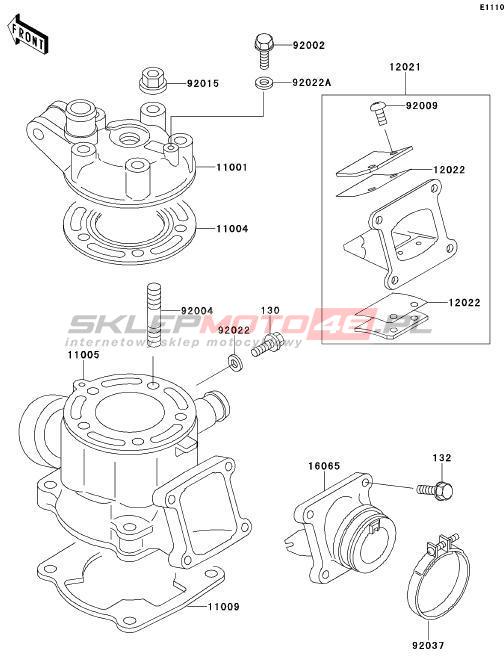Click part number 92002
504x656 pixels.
tap(309, 45)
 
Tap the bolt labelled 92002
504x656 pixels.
tap(264, 51)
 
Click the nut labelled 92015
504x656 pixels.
tap(152, 82)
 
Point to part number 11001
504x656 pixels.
tap(232, 167)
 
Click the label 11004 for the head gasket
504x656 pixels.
tap(232, 229)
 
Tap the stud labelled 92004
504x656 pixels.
tap(154, 315)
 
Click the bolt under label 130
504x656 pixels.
tap(267, 345)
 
